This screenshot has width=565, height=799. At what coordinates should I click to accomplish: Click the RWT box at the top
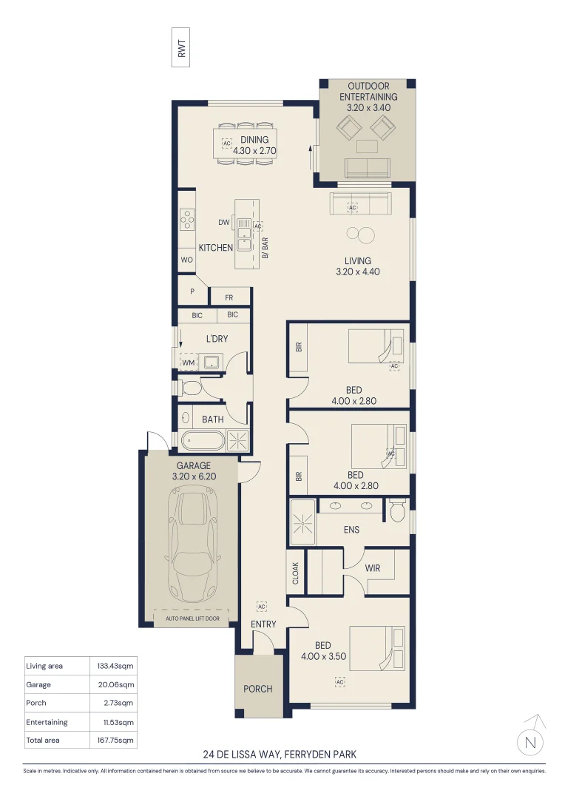pyautogui.click(x=181, y=47)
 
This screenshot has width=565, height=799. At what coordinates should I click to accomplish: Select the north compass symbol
pyautogui.click(x=531, y=737)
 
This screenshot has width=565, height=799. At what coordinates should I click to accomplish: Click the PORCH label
pyautogui.click(x=258, y=689)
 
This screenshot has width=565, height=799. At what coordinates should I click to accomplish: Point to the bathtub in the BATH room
pyautogui.click(x=203, y=441)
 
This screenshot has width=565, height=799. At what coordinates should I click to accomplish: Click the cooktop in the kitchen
pyautogui.click(x=187, y=220)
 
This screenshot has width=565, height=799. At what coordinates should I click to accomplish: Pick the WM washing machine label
pyautogui.click(x=189, y=363)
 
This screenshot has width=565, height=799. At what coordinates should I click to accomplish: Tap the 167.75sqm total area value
pyautogui.click(x=115, y=740)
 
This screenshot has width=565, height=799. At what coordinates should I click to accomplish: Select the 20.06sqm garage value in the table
pyautogui.click(x=115, y=685)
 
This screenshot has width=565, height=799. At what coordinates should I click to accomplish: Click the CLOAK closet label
pyautogui.click(x=296, y=573)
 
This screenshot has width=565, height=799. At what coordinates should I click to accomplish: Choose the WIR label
pyautogui.click(x=373, y=568)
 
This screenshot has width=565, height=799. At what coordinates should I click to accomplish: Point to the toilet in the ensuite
pyautogui.click(x=397, y=510)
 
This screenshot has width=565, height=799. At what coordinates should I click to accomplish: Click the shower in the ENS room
pyautogui.click(x=302, y=522)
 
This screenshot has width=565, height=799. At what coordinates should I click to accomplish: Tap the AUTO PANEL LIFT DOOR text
pyautogui.click(x=192, y=618)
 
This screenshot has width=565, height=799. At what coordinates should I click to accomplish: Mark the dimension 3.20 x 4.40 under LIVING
pyautogui.click(x=358, y=272)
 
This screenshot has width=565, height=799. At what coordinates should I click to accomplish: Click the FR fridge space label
pyautogui.click(x=229, y=297)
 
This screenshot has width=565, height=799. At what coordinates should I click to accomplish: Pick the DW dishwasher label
pyautogui.click(x=224, y=222)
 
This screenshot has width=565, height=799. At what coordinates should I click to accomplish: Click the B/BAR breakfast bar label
pyautogui.click(x=265, y=248)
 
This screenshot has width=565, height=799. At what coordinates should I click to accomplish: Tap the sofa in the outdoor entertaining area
pyautogui.click(x=368, y=168)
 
